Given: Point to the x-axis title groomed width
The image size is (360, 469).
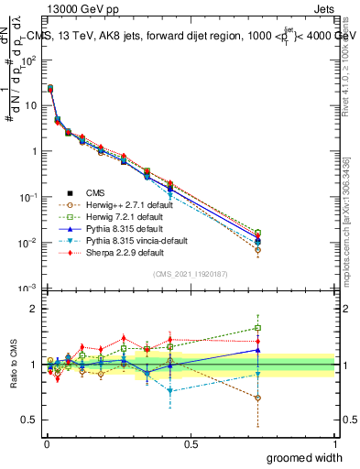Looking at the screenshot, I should click(x=305, y=456).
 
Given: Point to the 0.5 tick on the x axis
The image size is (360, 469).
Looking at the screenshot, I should click(x=191, y=442).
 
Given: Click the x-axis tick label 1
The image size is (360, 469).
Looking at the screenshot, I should click(x=334, y=442).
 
